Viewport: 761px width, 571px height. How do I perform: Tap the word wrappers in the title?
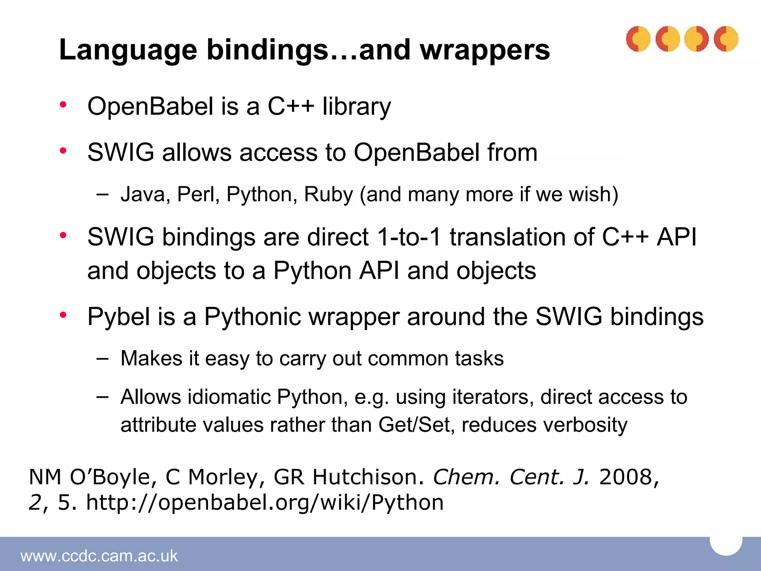[485, 50]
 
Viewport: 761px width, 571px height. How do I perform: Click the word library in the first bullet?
[357, 107]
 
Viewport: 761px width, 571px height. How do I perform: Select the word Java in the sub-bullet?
[143, 194]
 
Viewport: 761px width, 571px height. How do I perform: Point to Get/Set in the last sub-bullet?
[416, 425]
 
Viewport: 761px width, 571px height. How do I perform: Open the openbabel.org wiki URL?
[265, 503]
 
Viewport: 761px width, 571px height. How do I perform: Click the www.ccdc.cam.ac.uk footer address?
[99, 556]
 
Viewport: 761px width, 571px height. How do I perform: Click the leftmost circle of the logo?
[638, 39]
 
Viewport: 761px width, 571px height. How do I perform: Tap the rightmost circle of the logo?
[726, 39]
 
